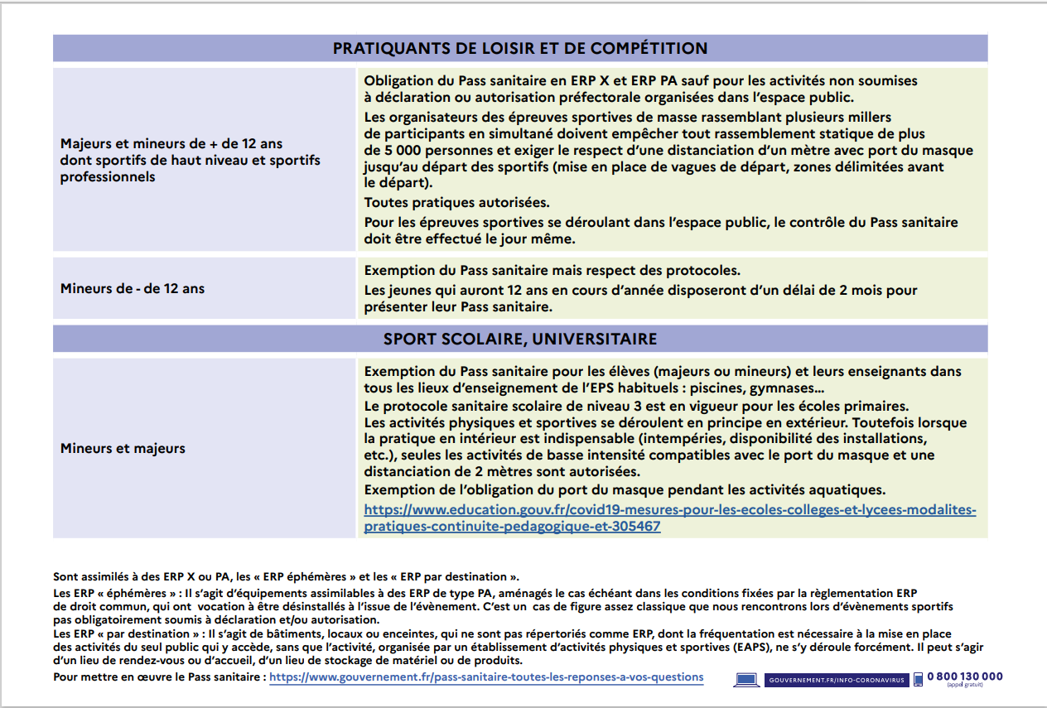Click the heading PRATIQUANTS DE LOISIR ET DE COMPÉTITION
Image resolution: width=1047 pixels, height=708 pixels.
tap(520, 48)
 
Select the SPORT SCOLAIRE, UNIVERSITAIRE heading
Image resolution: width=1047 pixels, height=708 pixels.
tap(520, 339)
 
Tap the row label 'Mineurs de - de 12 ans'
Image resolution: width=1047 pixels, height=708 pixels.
tap(133, 289)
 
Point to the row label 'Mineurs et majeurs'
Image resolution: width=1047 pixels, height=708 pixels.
tap(123, 448)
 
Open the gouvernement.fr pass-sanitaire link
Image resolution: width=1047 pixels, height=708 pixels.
tap(486, 677)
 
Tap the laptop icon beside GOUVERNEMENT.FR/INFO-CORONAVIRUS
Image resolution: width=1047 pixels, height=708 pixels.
tap(746, 680)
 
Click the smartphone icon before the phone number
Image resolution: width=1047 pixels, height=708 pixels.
tap(918, 679)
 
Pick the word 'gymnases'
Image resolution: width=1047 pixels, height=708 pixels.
tap(787, 389)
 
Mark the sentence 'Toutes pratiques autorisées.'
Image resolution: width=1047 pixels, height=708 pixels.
tap(457, 203)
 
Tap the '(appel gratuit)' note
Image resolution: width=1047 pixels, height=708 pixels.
tap(965, 686)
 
